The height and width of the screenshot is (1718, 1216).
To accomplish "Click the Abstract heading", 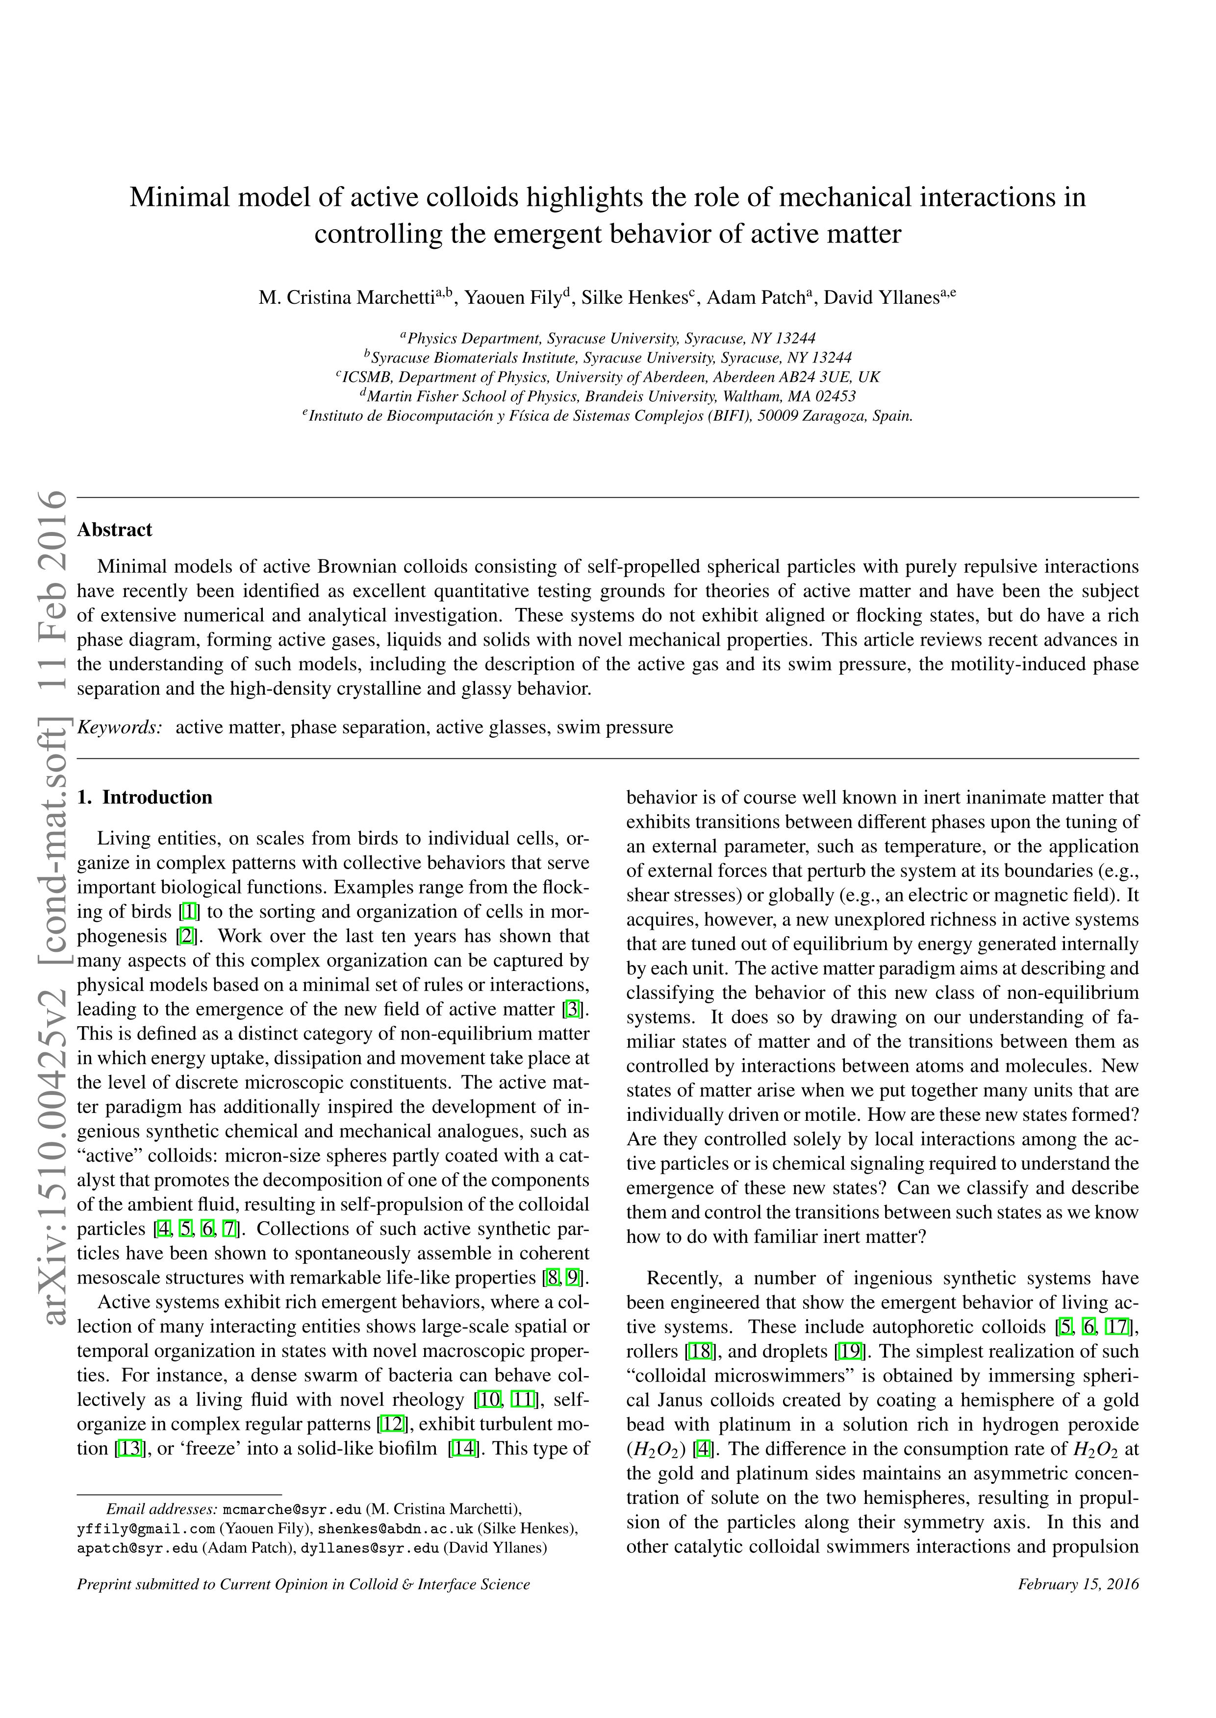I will [115, 530].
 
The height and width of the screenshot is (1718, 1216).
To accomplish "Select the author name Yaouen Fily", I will [513, 298].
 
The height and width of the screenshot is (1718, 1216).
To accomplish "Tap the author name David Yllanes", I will [881, 298].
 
